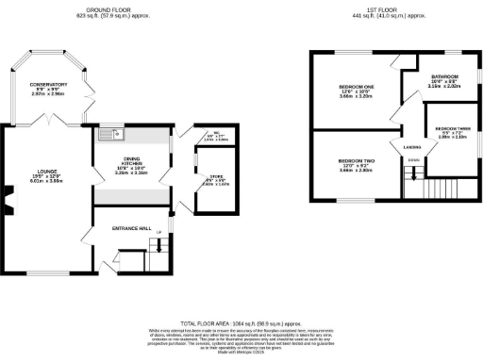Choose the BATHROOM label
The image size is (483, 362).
pos(444,76)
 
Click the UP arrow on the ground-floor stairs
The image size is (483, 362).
pos(158,232)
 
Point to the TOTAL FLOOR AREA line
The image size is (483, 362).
pos(241,322)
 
